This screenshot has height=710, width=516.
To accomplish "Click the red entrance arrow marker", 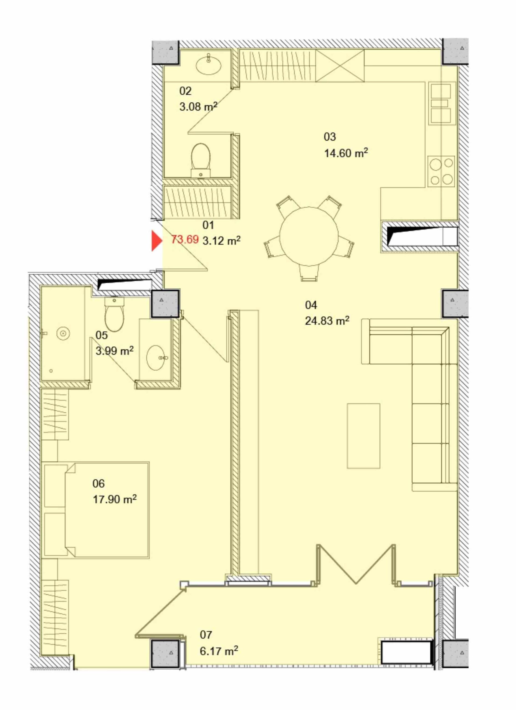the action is click(x=156, y=241).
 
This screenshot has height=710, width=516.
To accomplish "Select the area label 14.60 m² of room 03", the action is click(x=346, y=153).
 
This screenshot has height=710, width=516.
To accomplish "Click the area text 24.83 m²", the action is click(x=327, y=321).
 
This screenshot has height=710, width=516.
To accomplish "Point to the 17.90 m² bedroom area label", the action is click(x=115, y=499).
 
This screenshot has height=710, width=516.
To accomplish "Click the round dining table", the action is click(x=309, y=236).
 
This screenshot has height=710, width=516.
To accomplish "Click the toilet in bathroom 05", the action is click(x=114, y=314).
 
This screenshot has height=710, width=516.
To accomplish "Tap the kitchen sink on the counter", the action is click(x=441, y=103).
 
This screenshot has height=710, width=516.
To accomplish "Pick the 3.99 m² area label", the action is click(x=115, y=351).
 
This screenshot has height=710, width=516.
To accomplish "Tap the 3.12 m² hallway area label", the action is click(x=222, y=240).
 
